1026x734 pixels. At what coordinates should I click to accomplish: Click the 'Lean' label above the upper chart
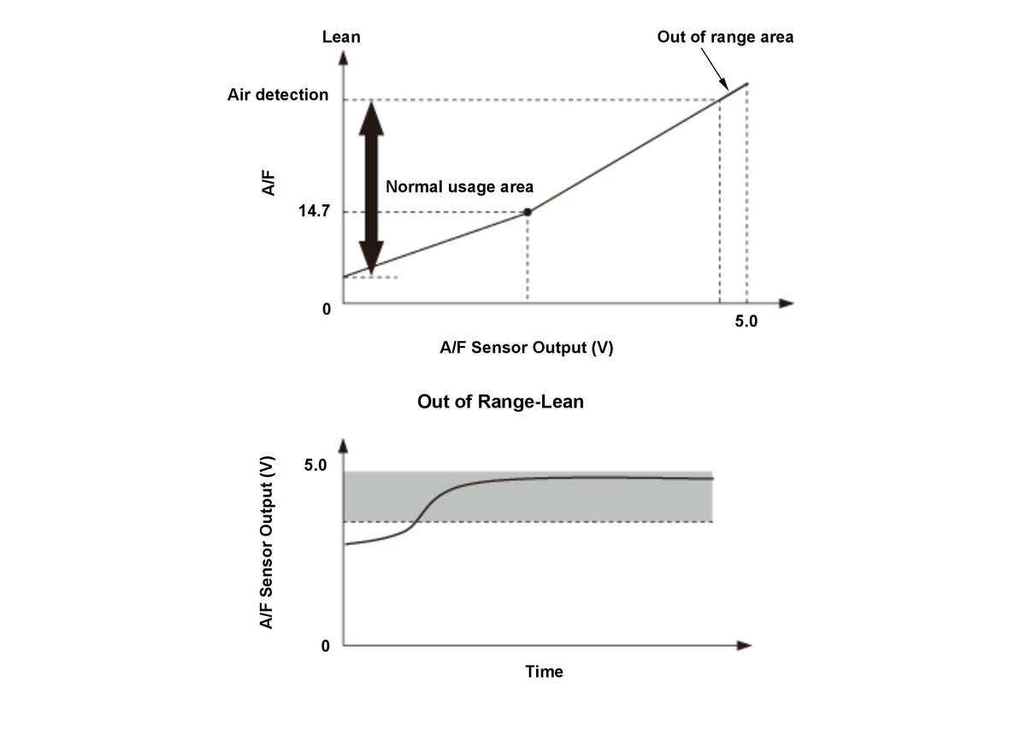click(x=341, y=37)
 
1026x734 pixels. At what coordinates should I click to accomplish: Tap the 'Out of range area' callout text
click(x=725, y=37)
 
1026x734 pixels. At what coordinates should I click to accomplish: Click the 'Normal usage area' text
click(x=459, y=186)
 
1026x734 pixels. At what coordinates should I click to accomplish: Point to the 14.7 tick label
click(x=314, y=212)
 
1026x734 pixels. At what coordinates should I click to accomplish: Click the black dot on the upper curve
click(x=528, y=212)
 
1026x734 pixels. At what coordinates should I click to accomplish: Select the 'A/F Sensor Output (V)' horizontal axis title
click(x=526, y=348)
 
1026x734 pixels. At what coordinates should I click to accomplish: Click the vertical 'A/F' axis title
click(x=268, y=184)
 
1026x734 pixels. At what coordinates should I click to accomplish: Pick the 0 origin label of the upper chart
click(x=326, y=309)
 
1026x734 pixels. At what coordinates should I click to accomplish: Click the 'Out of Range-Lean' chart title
click(x=500, y=402)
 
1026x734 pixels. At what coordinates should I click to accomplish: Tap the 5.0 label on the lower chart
click(x=315, y=466)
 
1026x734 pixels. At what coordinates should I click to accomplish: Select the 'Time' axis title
click(x=544, y=672)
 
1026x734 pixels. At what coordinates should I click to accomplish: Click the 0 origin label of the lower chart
click(x=326, y=646)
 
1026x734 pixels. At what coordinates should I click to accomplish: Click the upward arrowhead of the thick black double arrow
click(x=371, y=115)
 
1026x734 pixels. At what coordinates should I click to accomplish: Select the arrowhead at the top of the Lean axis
click(x=343, y=58)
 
